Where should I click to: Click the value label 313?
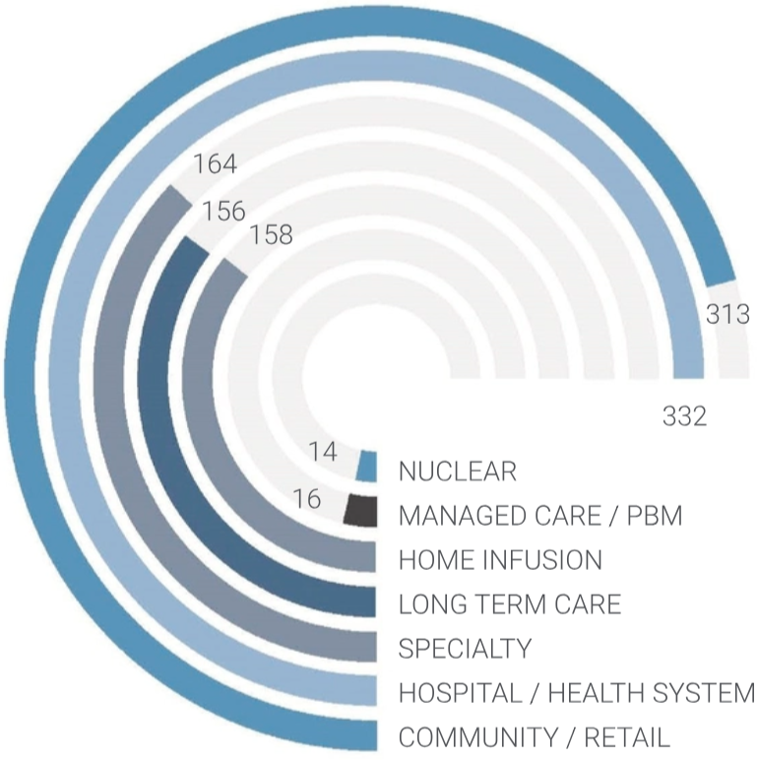pyautogui.click(x=728, y=314)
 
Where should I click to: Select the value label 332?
pyautogui.click(x=684, y=416)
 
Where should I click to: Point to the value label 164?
pyautogui.click(x=215, y=162)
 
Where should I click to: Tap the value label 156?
pyautogui.click(x=225, y=211)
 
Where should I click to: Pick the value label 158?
pyautogui.click(x=271, y=236)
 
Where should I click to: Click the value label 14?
pyautogui.click(x=322, y=452)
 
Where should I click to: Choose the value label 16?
pyautogui.click(x=307, y=499)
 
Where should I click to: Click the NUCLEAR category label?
pyautogui.click(x=457, y=472)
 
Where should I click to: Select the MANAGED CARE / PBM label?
pyautogui.click(x=539, y=516)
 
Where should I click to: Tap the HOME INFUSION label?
pyautogui.click(x=500, y=560)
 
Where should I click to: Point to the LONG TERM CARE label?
pyautogui.click(x=509, y=603)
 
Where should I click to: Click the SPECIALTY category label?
pyautogui.click(x=465, y=649)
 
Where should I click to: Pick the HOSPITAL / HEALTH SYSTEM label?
pyautogui.click(x=576, y=693)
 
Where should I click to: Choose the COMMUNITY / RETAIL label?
pyautogui.click(x=534, y=736)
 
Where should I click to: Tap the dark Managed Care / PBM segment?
pyautogui.click(x=361, y=510)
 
